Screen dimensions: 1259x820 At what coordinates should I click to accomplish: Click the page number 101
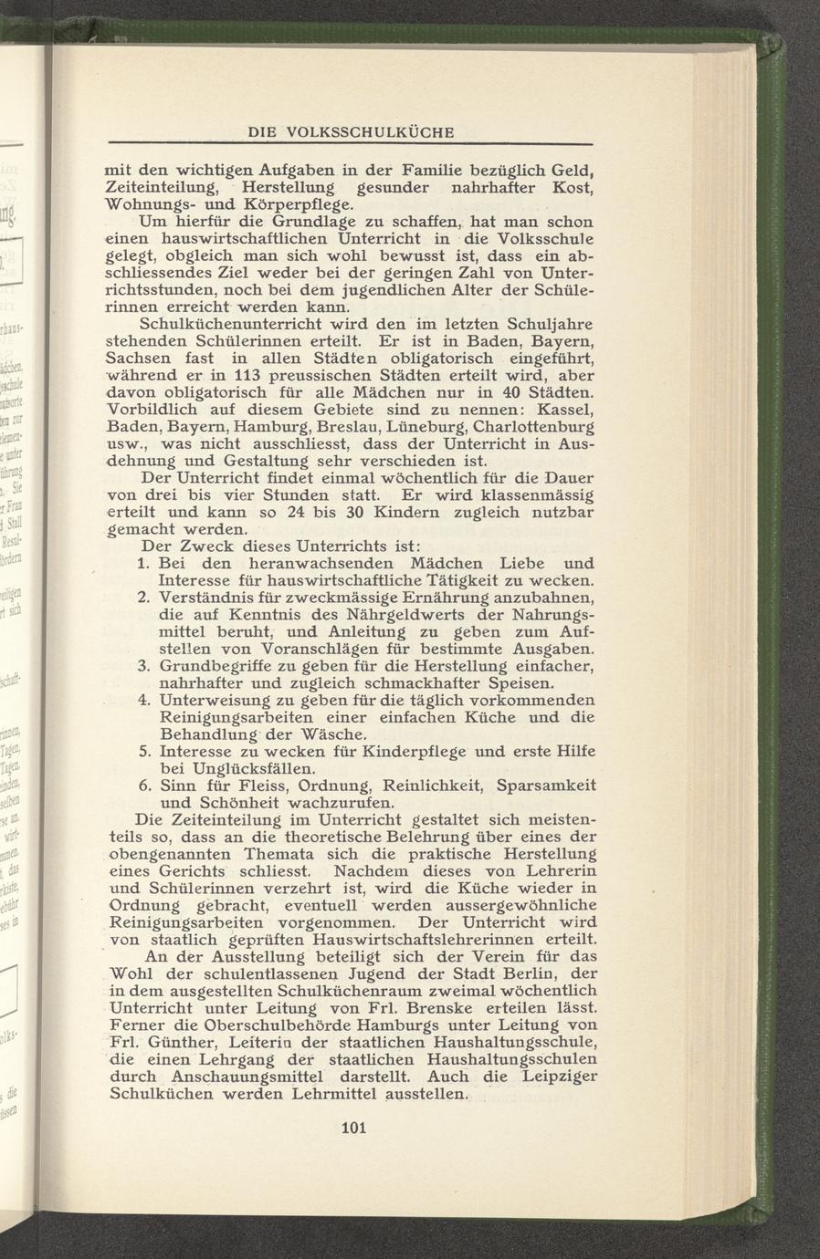(x=352, y=1128)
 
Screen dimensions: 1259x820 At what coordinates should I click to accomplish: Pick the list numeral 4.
(x=142, y=700)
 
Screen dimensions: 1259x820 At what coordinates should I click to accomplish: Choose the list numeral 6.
(x=142, y=786)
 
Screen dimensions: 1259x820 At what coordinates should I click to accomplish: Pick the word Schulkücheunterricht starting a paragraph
(x=233, y=325)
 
